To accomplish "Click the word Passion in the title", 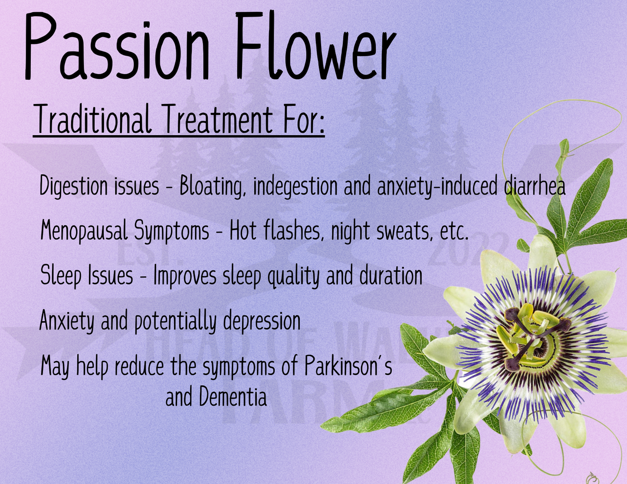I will coord(117,48).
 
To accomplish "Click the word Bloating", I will coord(210,186).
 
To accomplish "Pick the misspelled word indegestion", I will coord(295,186).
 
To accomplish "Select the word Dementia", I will coord(233,397).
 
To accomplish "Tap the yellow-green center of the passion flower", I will coord(532,336).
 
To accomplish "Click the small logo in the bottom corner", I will coord(592,478).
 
